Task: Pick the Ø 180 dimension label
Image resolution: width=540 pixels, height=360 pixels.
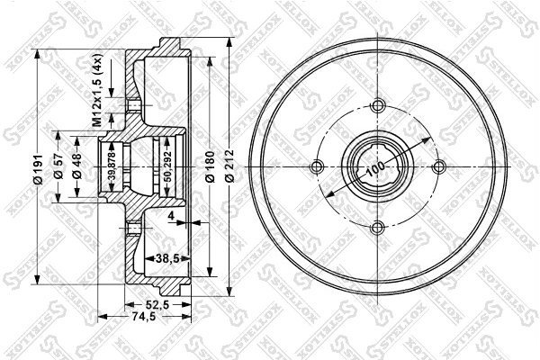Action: click(210, 167)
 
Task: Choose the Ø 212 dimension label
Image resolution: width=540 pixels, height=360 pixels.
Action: click(230, 167)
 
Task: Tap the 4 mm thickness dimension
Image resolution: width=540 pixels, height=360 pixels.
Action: click(169, 216)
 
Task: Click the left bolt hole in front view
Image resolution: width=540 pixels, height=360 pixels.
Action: click(315, 167)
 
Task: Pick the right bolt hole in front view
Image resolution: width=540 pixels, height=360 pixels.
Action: click(437, 167)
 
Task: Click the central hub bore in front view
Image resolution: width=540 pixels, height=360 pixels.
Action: click(376, 167)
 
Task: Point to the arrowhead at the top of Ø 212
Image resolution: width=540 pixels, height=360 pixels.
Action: click(230, 40)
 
